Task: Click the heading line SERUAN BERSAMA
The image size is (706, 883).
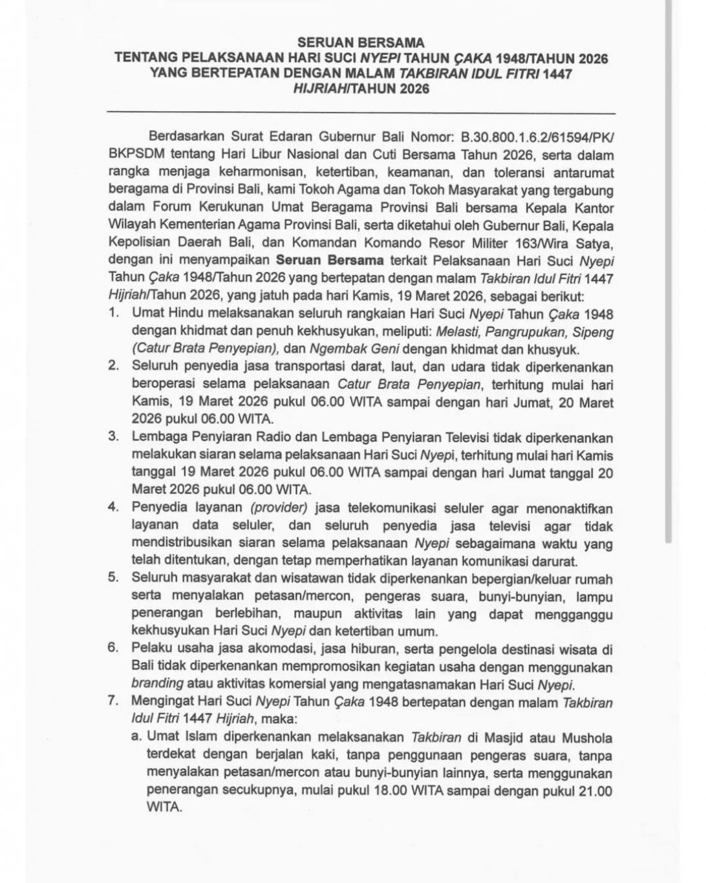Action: coord(361,43)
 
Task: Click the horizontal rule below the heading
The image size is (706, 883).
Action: coord(361,114)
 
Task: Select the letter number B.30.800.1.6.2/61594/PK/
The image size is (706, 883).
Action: coord(537,137)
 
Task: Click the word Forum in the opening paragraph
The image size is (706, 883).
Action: coord(172,208)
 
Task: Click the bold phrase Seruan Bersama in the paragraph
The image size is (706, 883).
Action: coord(330,261)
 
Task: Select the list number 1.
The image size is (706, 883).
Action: coord(114,314)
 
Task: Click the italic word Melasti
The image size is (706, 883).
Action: coord(457,332)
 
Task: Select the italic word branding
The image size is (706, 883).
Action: coord(157,683)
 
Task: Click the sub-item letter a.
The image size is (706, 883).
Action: coord(136,736)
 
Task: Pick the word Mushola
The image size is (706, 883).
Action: coord(587,737)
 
